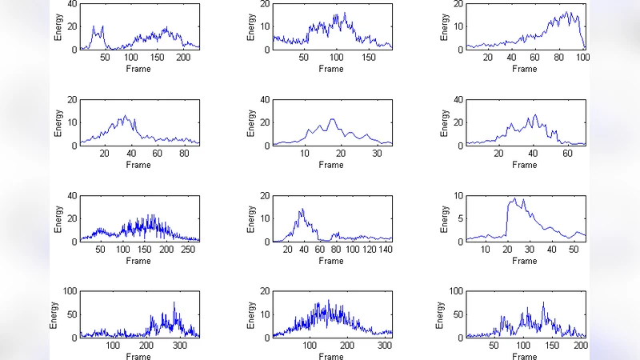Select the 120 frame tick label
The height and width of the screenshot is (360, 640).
coord(369,250)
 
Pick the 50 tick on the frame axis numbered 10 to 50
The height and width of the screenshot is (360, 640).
coord(574,250)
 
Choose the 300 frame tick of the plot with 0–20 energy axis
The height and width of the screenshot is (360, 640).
coord(383,346)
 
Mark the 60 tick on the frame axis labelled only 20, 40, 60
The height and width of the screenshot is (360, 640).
coord(563,154)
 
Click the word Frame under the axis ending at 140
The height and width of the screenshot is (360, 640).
coord(331,261)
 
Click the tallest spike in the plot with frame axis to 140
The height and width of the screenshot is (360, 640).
coord(302,209)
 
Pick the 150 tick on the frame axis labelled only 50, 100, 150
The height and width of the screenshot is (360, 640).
coord(370,58)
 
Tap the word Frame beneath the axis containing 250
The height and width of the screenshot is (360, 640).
coord(138,261)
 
